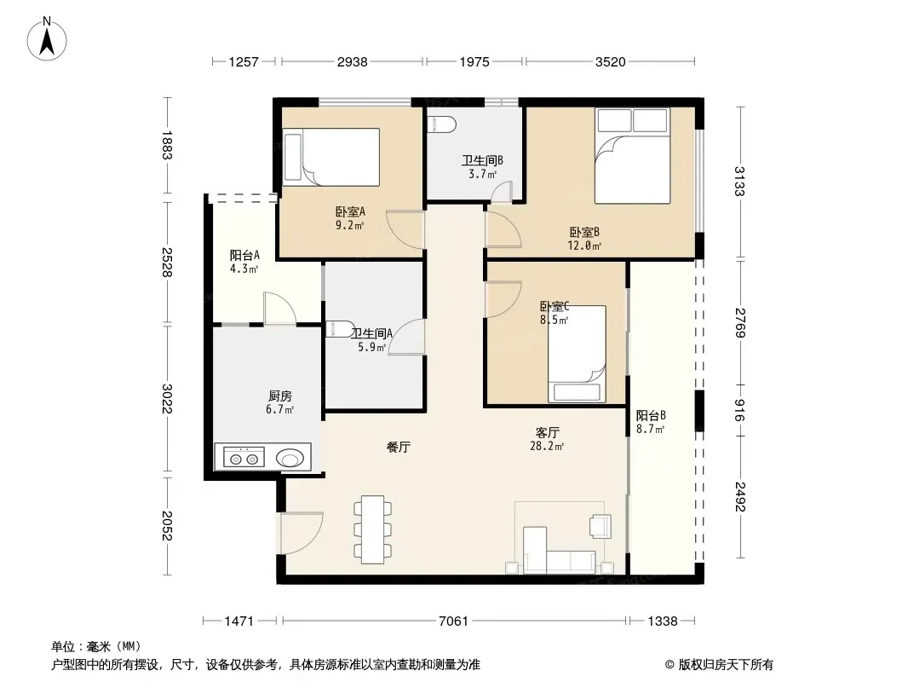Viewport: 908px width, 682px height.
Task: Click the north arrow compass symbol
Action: (x=47, y=39)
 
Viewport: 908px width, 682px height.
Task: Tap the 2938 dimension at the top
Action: (x=352, y=61)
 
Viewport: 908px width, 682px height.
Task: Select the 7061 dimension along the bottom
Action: (x=453, y=621)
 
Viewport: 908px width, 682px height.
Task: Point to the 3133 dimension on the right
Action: (x=739, y=182)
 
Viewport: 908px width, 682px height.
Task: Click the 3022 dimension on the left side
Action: (x=167, y=399)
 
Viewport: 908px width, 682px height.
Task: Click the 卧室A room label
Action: (x=350, y=212)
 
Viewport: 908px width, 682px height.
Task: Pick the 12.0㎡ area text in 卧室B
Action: (x=584, y=246)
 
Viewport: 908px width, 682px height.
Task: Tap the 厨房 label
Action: (x=280, y=396)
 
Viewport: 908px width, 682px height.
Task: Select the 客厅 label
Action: (x=547, y=433)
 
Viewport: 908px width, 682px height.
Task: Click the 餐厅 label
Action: (x=399, y=448)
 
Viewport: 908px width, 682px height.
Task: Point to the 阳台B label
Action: (x=651, y=415)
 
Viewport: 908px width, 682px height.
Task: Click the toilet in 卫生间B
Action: (x=441, y=124)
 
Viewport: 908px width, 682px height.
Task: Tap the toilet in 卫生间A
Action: (x=339, y=329)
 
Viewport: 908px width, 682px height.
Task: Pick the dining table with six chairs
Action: (x=372, y=529)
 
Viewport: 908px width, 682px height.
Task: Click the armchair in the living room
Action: (x=600, y=526)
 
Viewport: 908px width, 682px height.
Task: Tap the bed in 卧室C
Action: (x=577, y=354)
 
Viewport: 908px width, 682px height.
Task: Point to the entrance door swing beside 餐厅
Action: (x=302, y=533)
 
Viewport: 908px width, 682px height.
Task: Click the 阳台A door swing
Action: (x=280, y=309)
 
